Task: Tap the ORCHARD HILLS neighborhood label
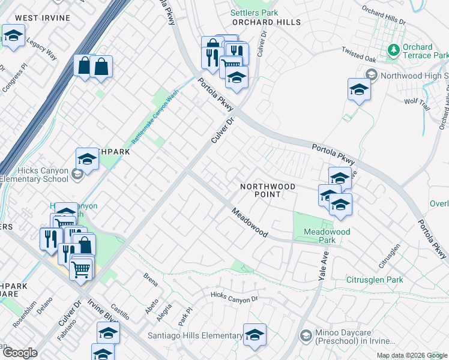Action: tap(267, 22)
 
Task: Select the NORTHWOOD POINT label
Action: tap(268, 191)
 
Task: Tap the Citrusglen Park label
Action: tap(375, 280)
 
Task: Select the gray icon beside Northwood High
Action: tap(371, 75)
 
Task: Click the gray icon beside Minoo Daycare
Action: tap(305, 334)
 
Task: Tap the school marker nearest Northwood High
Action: tap(359, 90)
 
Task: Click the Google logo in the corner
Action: tap(20, 353)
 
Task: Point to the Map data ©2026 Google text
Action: tap(412, 355)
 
